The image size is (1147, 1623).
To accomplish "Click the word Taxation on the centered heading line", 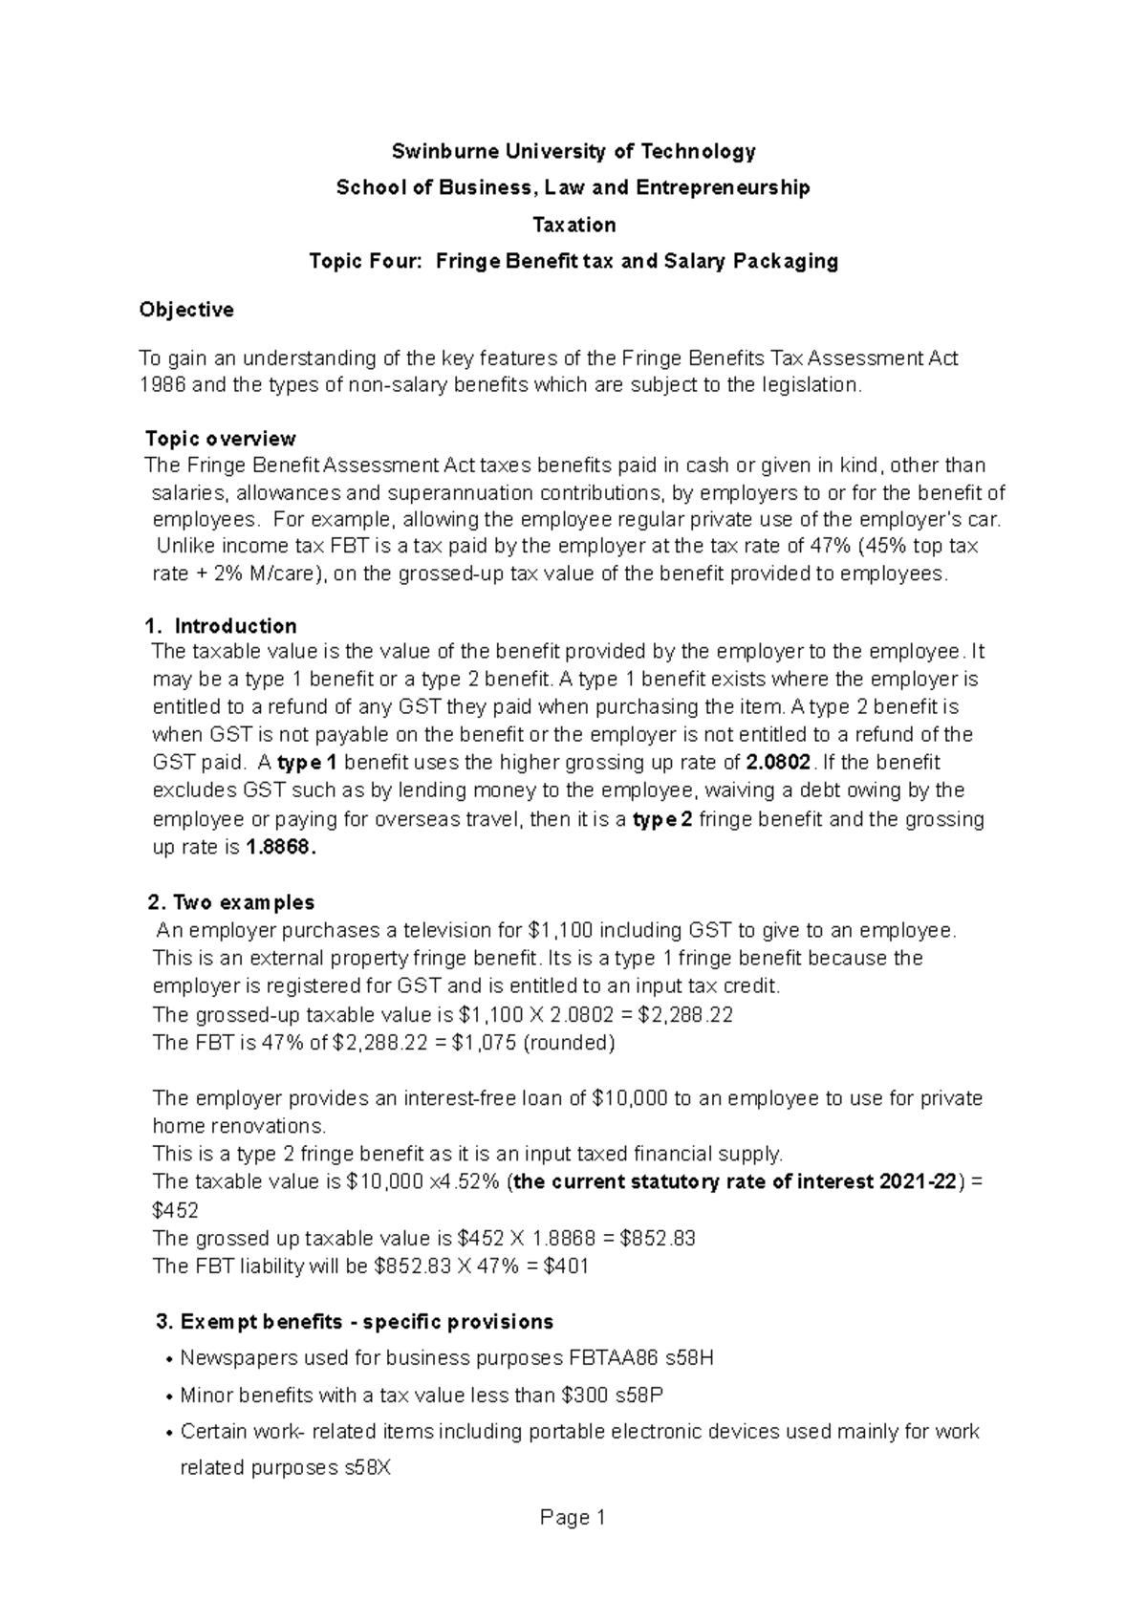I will click(573, 225).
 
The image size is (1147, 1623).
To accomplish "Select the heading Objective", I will click(186, 310).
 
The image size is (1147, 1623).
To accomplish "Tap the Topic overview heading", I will click(220, 439).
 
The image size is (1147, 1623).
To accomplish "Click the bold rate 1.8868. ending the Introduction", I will click(280, 847).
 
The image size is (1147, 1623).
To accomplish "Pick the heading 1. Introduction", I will click(221, 626).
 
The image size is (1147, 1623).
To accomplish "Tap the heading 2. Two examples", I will click(231, 902).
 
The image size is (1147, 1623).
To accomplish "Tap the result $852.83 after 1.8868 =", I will click(658, 1239).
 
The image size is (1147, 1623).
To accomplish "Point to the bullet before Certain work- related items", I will click(169, 1434).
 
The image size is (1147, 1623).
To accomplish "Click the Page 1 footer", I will click(573, 1518).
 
